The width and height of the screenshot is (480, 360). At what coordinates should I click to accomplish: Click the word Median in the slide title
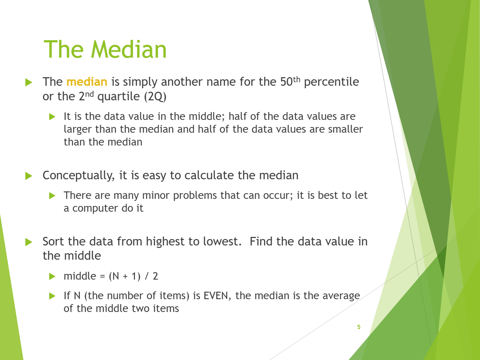(x=129, y=49)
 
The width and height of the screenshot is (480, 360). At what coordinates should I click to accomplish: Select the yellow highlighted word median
(x=87, y=82)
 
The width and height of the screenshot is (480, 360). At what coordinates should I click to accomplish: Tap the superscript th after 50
(x=297, y=79)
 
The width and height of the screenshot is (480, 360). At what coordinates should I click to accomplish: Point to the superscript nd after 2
(x=90, y=94)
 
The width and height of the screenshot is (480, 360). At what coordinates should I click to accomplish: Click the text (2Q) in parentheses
(x=155, y=96)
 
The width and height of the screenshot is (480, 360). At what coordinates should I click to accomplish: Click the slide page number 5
(x=359, y=327)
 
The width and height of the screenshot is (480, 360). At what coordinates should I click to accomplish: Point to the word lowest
(x=222, y=242)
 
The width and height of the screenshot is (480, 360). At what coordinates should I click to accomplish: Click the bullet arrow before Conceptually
(x=29, y=176)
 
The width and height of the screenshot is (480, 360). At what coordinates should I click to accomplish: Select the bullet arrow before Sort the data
(x=29, y=242)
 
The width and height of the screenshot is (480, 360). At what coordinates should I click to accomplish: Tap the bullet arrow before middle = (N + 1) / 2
(x=52, y=276)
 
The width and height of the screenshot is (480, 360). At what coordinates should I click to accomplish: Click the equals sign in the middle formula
(x=102, y=277)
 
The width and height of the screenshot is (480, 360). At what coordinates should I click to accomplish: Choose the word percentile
(x=331, y=82)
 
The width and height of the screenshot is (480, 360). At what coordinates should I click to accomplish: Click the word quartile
(x=118, y=97)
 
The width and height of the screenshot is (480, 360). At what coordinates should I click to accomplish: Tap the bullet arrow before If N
(x=52, y=296)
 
